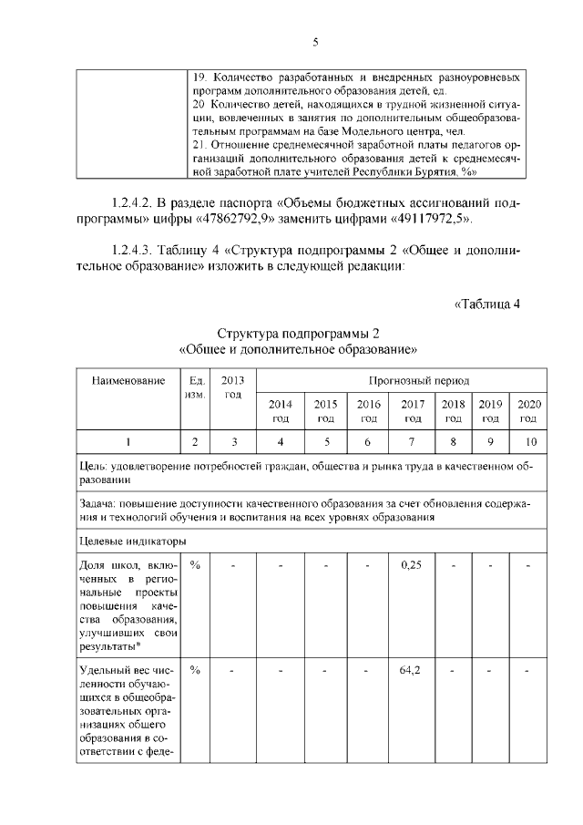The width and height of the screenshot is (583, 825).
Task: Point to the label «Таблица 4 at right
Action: (x=486, y=304)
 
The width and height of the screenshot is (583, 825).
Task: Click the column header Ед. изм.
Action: (x=195, y=387)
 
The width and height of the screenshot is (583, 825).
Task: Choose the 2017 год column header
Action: (x=413, y=410)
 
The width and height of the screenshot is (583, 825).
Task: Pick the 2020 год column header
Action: (x=527, y=410)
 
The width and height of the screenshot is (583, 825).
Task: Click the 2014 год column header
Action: (x=281, y=410)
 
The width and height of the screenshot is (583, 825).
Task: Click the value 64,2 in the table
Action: (x=413, y=671)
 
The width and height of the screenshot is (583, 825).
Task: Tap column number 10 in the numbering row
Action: (x=527, y=442)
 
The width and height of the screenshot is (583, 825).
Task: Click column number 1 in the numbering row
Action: (x=128, y=442)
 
